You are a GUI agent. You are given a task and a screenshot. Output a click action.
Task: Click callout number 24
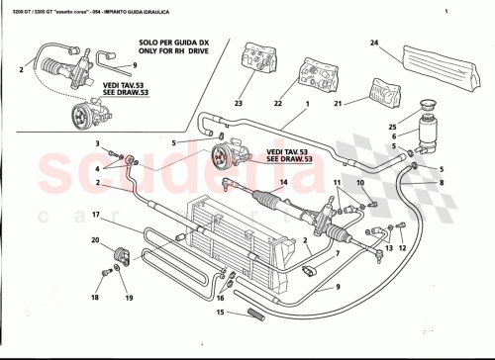374,43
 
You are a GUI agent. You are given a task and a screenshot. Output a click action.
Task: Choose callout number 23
238,103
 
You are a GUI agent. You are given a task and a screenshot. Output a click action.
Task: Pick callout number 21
338,103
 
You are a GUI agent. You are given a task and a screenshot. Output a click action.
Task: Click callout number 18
95,297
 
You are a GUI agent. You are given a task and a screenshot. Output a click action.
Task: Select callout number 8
442,183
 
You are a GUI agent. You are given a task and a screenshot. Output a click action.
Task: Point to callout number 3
98,144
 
